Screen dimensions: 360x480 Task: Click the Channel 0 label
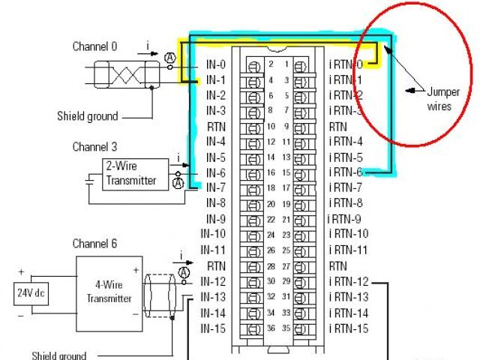(x=94, y=46)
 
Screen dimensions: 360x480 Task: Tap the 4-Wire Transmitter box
(x=109, y=291)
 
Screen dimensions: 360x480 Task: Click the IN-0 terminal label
(x=215, y=64)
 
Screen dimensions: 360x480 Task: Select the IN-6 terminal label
(x=215, y=172)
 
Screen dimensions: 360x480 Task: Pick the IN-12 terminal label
(x=213, y=281)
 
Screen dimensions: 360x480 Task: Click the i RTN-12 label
(x=349, y=281)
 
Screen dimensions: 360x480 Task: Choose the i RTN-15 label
(x=349, y=328)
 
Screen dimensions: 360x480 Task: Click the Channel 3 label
(x=94, y=147)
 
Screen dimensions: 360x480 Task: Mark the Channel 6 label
(x=94, y=244)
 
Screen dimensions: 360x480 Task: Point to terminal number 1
(x=286, y=64)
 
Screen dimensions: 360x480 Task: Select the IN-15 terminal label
(x=213, y=328)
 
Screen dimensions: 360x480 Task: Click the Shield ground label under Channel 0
(x=88, y=116)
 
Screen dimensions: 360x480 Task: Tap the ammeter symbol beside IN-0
(x=170, y=58)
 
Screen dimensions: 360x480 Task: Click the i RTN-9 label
(x=344, y=219)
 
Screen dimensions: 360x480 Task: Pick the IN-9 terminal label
(x=215, y=219)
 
